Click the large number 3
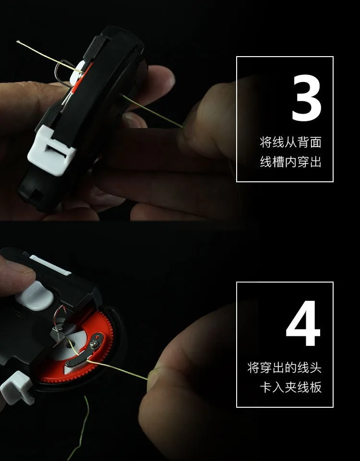point(306,97)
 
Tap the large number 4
point(303,323)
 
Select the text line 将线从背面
point(290,142)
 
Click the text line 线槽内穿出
point(290,162)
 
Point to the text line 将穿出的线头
point(284,367)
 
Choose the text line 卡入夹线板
point(290,387)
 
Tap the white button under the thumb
point(36,296)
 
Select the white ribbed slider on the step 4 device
point(50,265)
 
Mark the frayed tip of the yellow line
point(18,42)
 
